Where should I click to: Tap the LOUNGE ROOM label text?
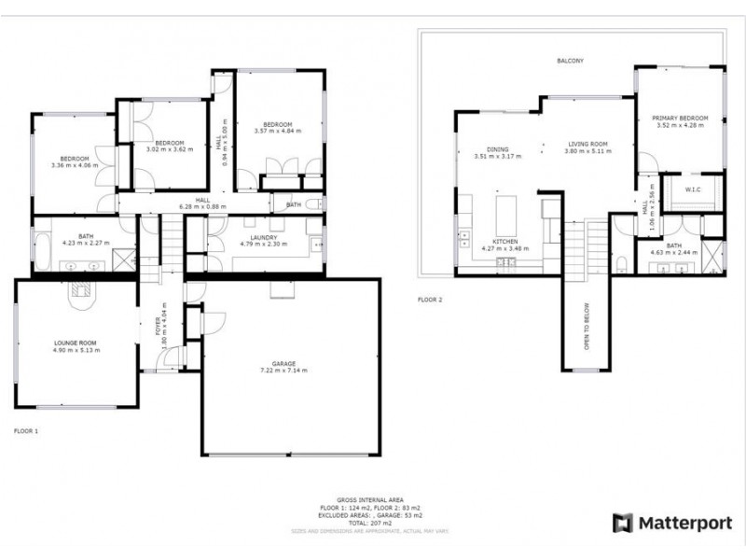pos(75,343)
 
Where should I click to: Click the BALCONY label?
pos(571,61)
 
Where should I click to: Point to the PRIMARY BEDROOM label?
pos(682,119)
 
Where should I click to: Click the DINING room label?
pos(496,147)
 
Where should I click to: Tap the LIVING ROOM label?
pos(588,147)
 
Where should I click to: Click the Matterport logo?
pos(671,523)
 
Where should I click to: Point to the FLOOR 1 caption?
pos(27,431)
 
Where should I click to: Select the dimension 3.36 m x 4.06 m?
pos(75,165)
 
